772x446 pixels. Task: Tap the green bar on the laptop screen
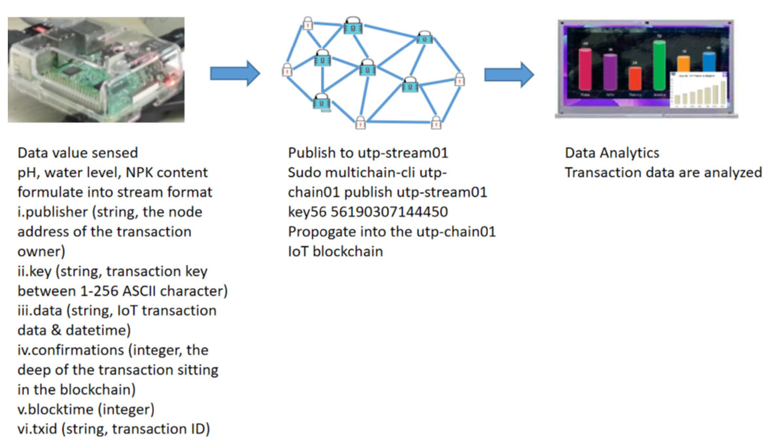click(x=659, y=65)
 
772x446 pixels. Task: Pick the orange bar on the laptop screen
click(x=683, y=64)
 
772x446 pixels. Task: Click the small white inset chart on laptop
click(x=698, y=90)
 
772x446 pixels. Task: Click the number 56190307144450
click(x=389, y=212)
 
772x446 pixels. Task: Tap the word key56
click(x=307, y=212)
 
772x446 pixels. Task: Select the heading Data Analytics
click(x=612, y=153)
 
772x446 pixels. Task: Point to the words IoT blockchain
click(x=335, y=251)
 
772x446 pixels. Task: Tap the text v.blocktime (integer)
click(x=86, y=409)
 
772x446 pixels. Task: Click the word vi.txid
click(x=37, y=429)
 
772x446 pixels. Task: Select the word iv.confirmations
click(x=70, y=350)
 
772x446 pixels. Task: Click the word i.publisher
click(x=52, y=212)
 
